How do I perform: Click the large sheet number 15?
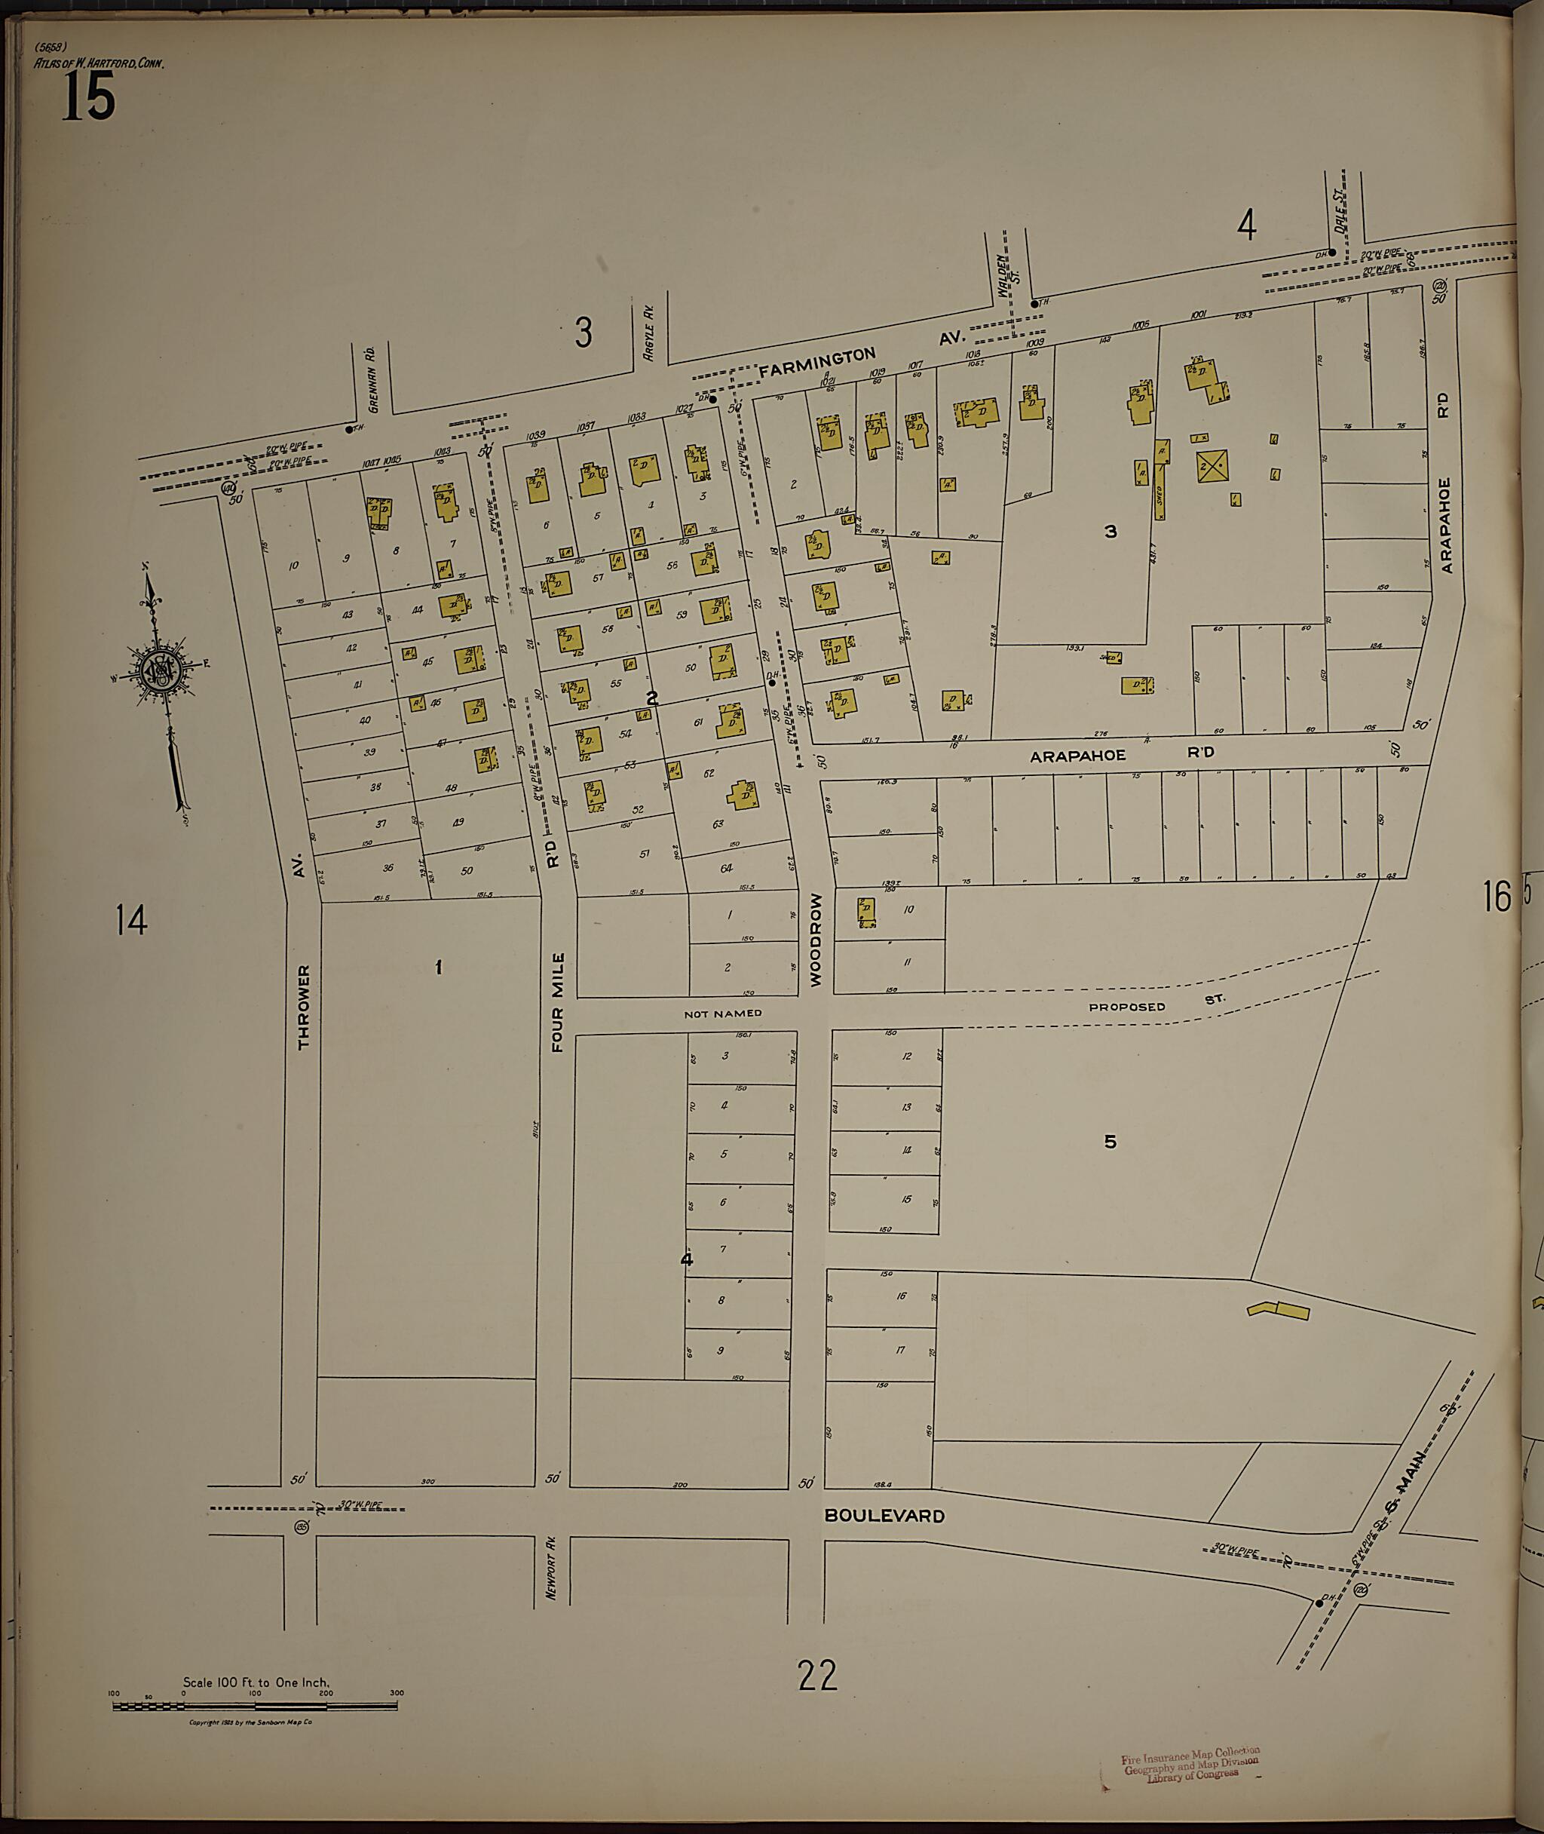(88, 96)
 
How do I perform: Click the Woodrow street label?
(816, 940)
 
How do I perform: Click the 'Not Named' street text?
(722, 1014)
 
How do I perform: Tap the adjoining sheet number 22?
(816, 1676)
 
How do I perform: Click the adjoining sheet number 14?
(131, 920)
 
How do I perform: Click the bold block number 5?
(1110, 1142)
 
